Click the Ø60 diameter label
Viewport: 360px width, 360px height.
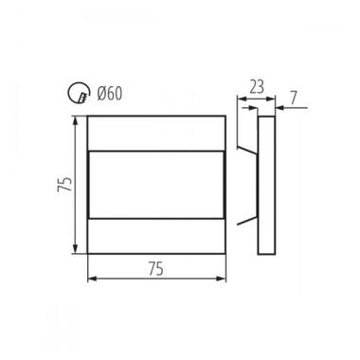110,94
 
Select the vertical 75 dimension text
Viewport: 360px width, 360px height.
65,185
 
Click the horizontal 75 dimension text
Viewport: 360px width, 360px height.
156,269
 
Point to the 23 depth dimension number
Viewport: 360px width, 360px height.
257,87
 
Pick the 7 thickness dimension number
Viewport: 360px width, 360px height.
294,99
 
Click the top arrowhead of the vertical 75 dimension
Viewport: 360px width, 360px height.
75,121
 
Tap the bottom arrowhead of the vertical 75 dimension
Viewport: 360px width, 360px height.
75,248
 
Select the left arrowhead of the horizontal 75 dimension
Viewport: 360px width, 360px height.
92,279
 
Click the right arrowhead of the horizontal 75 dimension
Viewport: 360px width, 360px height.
221,279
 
